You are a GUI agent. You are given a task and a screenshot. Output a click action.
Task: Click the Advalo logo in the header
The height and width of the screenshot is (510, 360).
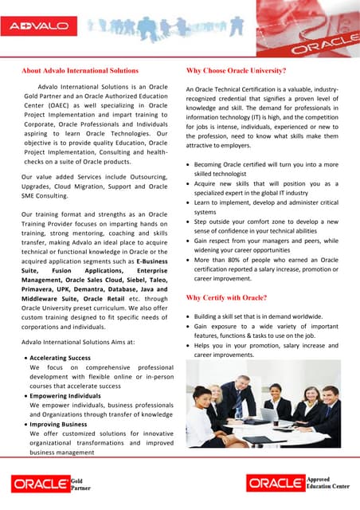point(37,26)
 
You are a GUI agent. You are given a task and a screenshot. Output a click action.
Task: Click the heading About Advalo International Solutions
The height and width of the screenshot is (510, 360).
point(80,70)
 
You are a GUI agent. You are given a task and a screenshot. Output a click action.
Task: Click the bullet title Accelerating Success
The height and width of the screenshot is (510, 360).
point(61,358)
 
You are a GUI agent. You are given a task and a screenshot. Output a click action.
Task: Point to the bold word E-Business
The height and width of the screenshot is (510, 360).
point(152,260)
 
